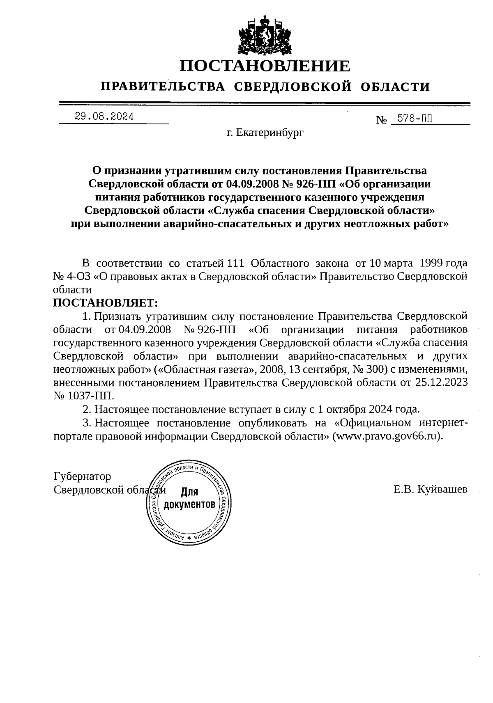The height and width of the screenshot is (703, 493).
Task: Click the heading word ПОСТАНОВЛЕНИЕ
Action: tap(265, 66)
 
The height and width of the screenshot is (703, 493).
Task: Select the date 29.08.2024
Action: tap(104, 117)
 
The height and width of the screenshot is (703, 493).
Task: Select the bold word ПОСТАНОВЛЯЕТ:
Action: tap(106, 303)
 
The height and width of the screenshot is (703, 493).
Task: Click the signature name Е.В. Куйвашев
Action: tap(430, 489)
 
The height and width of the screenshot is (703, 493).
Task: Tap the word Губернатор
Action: tap(82, 476)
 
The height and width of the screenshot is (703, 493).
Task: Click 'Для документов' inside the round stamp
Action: tap(189, 498)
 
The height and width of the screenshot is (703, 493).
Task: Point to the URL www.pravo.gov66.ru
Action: tap(388, 436)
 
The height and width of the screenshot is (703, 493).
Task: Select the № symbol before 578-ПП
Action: tap(382, 120)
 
